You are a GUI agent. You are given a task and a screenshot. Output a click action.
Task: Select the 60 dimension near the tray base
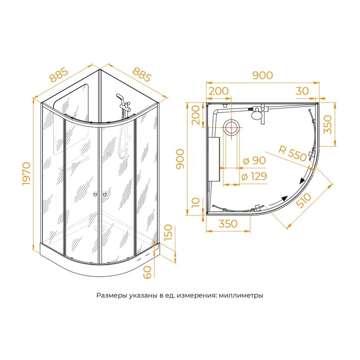click(148, 272)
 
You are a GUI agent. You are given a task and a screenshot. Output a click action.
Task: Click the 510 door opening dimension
click(303, 201)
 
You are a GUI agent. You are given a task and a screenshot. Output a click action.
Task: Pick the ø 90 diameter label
click(254, 161)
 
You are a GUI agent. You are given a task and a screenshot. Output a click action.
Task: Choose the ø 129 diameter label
click(254, 176)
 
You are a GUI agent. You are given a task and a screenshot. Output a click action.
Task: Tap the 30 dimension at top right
click(302, 91)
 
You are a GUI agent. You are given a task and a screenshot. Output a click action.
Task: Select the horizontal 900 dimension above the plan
click(263, 75)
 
